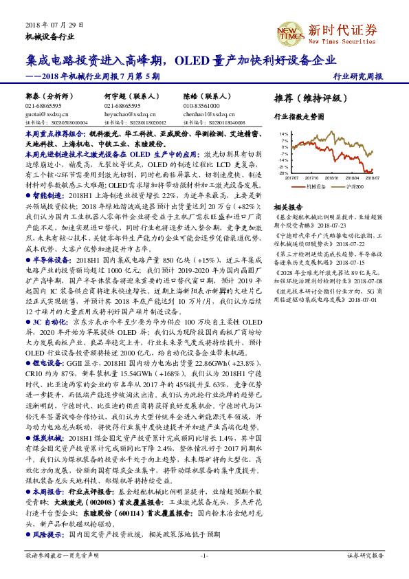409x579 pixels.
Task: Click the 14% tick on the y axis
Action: [284, 133]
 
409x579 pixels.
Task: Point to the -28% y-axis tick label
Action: [283, 173]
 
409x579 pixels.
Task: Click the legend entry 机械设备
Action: [316, 186]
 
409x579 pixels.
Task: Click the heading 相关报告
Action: [287, 207]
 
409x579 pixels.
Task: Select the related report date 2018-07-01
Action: [353, 300]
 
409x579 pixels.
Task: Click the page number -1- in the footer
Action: [204, 555]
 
